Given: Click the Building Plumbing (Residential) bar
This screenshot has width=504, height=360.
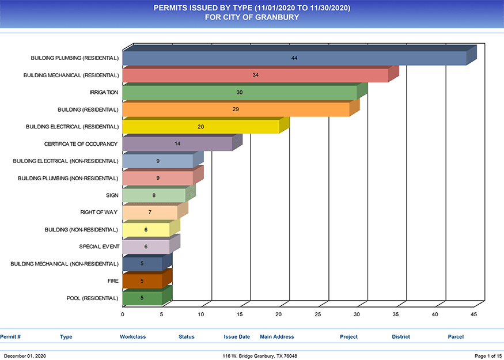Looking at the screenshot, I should coord(294,59).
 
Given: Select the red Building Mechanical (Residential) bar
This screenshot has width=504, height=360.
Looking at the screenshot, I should coord(255,75).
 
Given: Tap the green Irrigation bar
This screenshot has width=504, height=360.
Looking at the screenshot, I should coord(240,93).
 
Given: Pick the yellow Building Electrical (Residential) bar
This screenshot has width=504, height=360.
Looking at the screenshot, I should coord(200,127).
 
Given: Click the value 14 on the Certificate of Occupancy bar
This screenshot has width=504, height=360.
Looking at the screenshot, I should coord(177,143).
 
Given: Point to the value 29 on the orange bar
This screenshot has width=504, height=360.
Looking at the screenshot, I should coord(236,109).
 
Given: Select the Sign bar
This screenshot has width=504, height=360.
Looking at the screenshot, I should coord(154,196).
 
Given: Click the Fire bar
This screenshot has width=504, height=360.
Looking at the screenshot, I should coord(142,281).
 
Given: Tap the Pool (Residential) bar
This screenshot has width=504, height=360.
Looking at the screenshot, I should coord(142,298).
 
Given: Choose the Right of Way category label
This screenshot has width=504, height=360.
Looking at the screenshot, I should coord(99,213).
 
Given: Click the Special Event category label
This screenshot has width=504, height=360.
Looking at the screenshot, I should coord(99,247).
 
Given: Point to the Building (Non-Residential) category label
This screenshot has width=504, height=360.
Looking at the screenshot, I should coord(81,230).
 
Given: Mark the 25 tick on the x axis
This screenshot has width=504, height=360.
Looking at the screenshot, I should coord(318,314).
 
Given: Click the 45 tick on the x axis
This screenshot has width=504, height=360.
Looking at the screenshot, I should coord(474,314).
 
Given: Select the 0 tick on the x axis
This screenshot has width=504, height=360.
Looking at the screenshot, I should coord(123,314).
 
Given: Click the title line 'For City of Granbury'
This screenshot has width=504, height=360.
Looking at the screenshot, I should coord(252,17).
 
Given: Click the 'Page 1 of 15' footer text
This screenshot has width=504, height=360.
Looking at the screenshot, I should coord(487,356).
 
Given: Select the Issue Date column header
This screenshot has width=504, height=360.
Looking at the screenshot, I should coord(237,336).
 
